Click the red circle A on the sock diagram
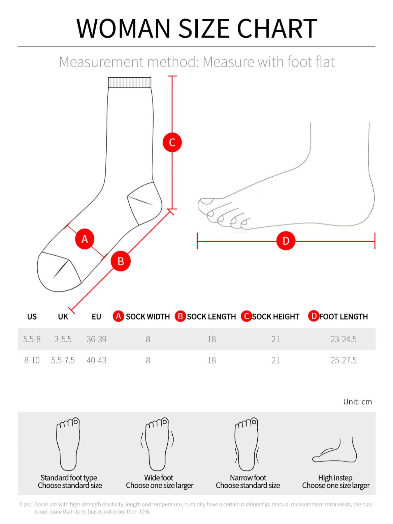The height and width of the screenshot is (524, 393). coord(85,239)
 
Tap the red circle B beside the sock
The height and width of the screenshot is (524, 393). coord(121,261)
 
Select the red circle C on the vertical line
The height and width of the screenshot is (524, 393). coord(172,142)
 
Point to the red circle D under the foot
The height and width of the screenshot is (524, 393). coord(286,241)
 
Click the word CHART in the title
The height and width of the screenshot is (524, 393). coord(277,28)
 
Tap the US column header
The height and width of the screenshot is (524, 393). coord(32,317)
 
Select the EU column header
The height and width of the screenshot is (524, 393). coord(96,317)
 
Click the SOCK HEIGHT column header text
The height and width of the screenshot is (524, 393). coord(276,317)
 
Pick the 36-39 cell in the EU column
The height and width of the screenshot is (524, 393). coord(96,339)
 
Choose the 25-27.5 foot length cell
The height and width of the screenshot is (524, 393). coord(344,360)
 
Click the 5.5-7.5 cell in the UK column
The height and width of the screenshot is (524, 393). coord(63,360)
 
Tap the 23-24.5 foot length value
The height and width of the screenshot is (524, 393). coord(344,339)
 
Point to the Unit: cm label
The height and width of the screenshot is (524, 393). coord(357,402)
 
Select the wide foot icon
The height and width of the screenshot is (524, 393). coord(157,444)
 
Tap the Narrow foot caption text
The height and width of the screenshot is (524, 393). coord(248,478)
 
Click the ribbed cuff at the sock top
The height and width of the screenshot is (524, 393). coord(130,82)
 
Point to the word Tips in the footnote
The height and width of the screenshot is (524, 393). coord(24,504)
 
